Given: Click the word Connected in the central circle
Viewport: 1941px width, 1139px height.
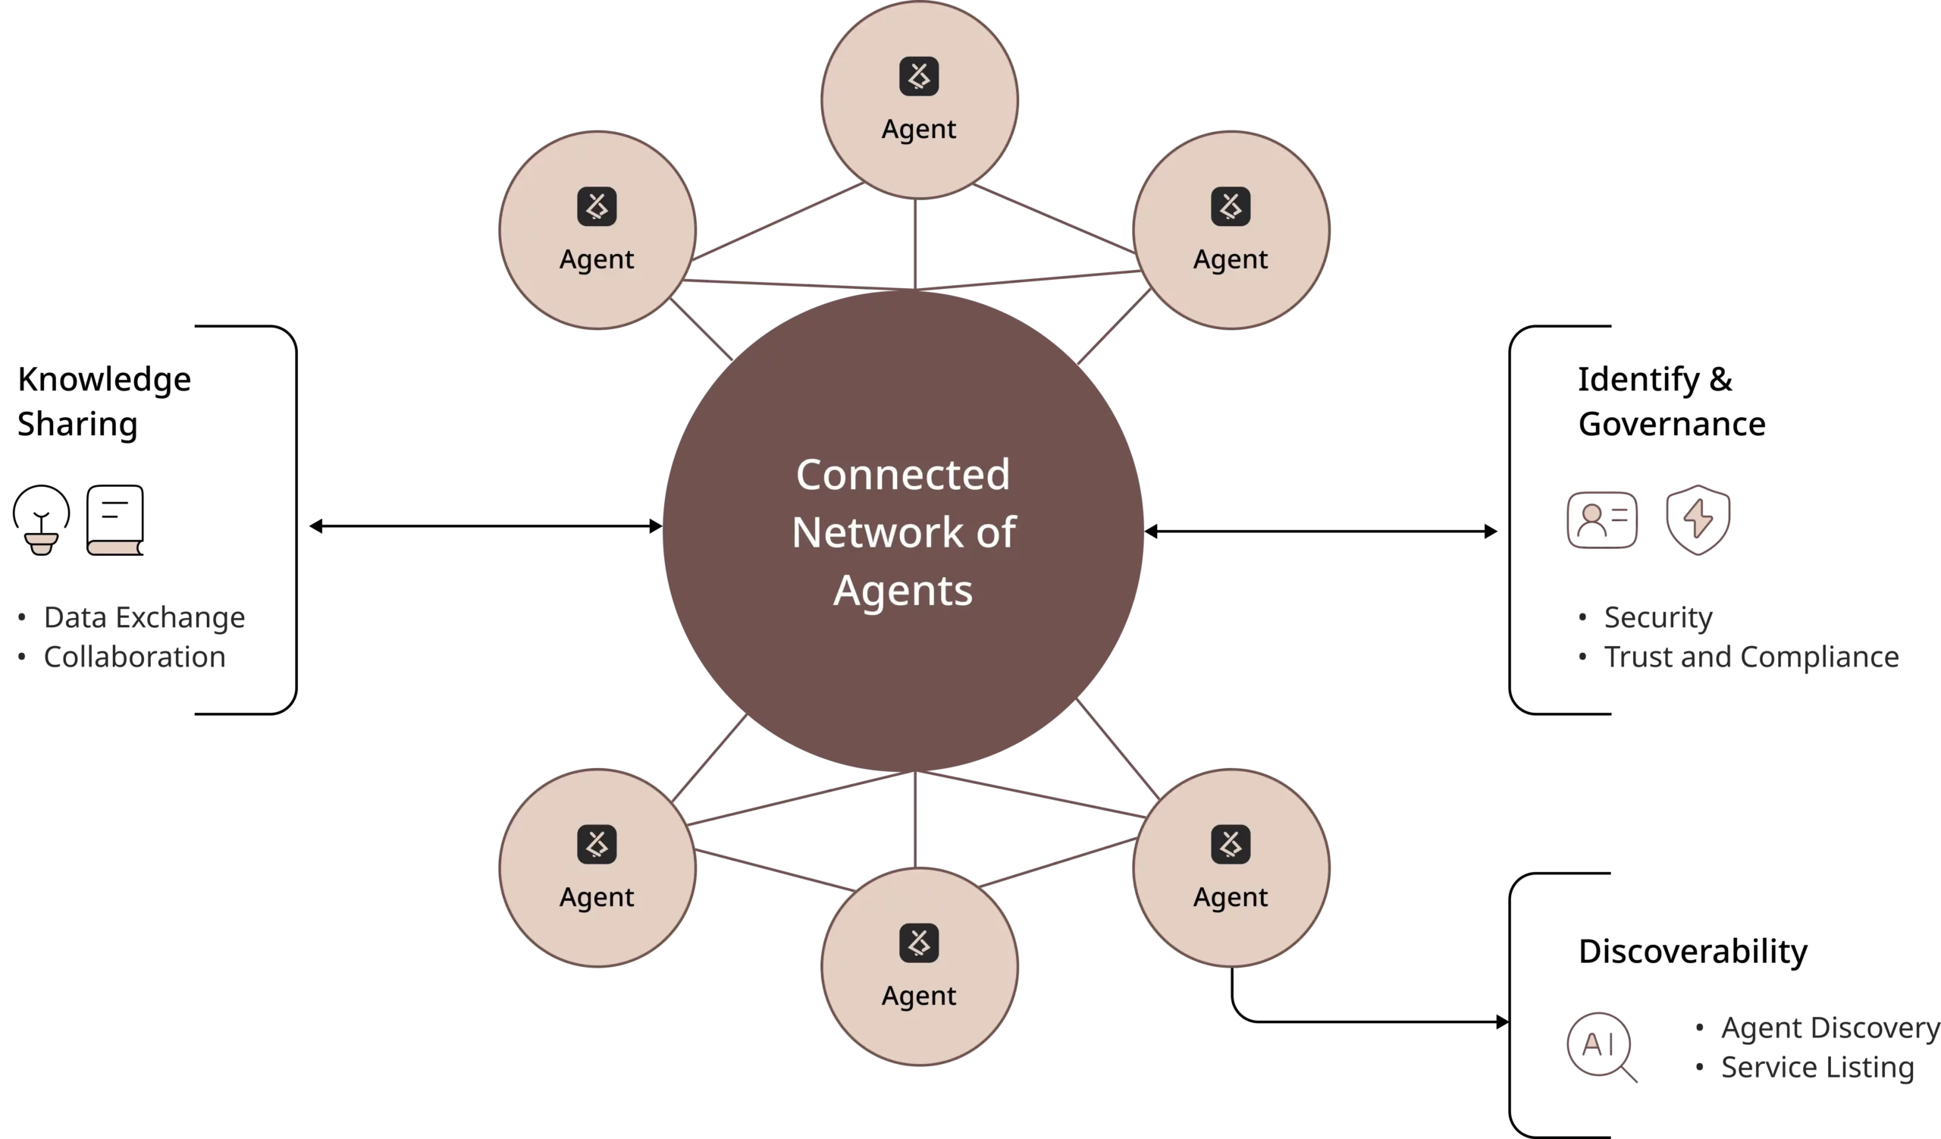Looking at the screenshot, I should (903, 475).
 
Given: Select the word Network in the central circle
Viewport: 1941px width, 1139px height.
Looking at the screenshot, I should (877, 532).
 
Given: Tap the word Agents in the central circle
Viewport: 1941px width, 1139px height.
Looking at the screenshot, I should (903, 591).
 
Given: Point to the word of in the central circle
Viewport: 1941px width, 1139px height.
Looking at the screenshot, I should (996, 532).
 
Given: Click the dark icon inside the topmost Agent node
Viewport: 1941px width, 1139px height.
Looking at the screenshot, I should (919, 77).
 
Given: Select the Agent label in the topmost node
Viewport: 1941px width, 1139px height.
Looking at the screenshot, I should (919, 129).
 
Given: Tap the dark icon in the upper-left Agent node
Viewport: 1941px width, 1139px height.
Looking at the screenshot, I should (597, 206).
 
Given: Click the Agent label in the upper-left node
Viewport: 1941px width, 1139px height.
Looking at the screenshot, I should (597, 259).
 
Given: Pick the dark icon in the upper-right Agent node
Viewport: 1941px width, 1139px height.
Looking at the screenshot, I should (1231, 206).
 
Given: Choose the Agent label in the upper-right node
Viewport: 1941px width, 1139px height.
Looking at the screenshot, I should (1231, 259).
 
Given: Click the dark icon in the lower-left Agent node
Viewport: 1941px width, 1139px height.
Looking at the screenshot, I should (597, 844).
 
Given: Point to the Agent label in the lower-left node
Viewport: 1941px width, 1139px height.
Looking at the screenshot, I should (597, 897).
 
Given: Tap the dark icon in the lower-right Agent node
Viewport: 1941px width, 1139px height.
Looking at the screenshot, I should (1231, 844).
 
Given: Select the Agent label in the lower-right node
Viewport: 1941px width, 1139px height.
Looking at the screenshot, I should (1231, 897).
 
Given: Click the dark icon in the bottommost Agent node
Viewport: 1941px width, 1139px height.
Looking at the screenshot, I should (919, 943).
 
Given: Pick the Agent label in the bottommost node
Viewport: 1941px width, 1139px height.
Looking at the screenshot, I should (919, 996).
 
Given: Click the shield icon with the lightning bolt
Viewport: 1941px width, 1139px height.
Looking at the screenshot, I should (1698, 518).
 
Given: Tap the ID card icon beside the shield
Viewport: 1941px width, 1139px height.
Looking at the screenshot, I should (1604, 518).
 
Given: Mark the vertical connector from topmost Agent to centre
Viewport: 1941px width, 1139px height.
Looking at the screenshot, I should (916, 243).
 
